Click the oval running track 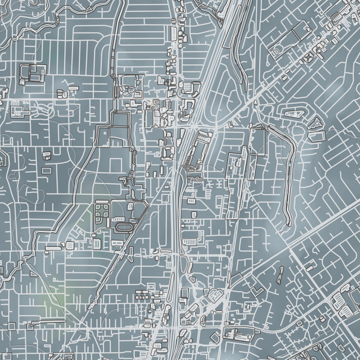point(124,226)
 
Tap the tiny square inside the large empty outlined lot point(106,132)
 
